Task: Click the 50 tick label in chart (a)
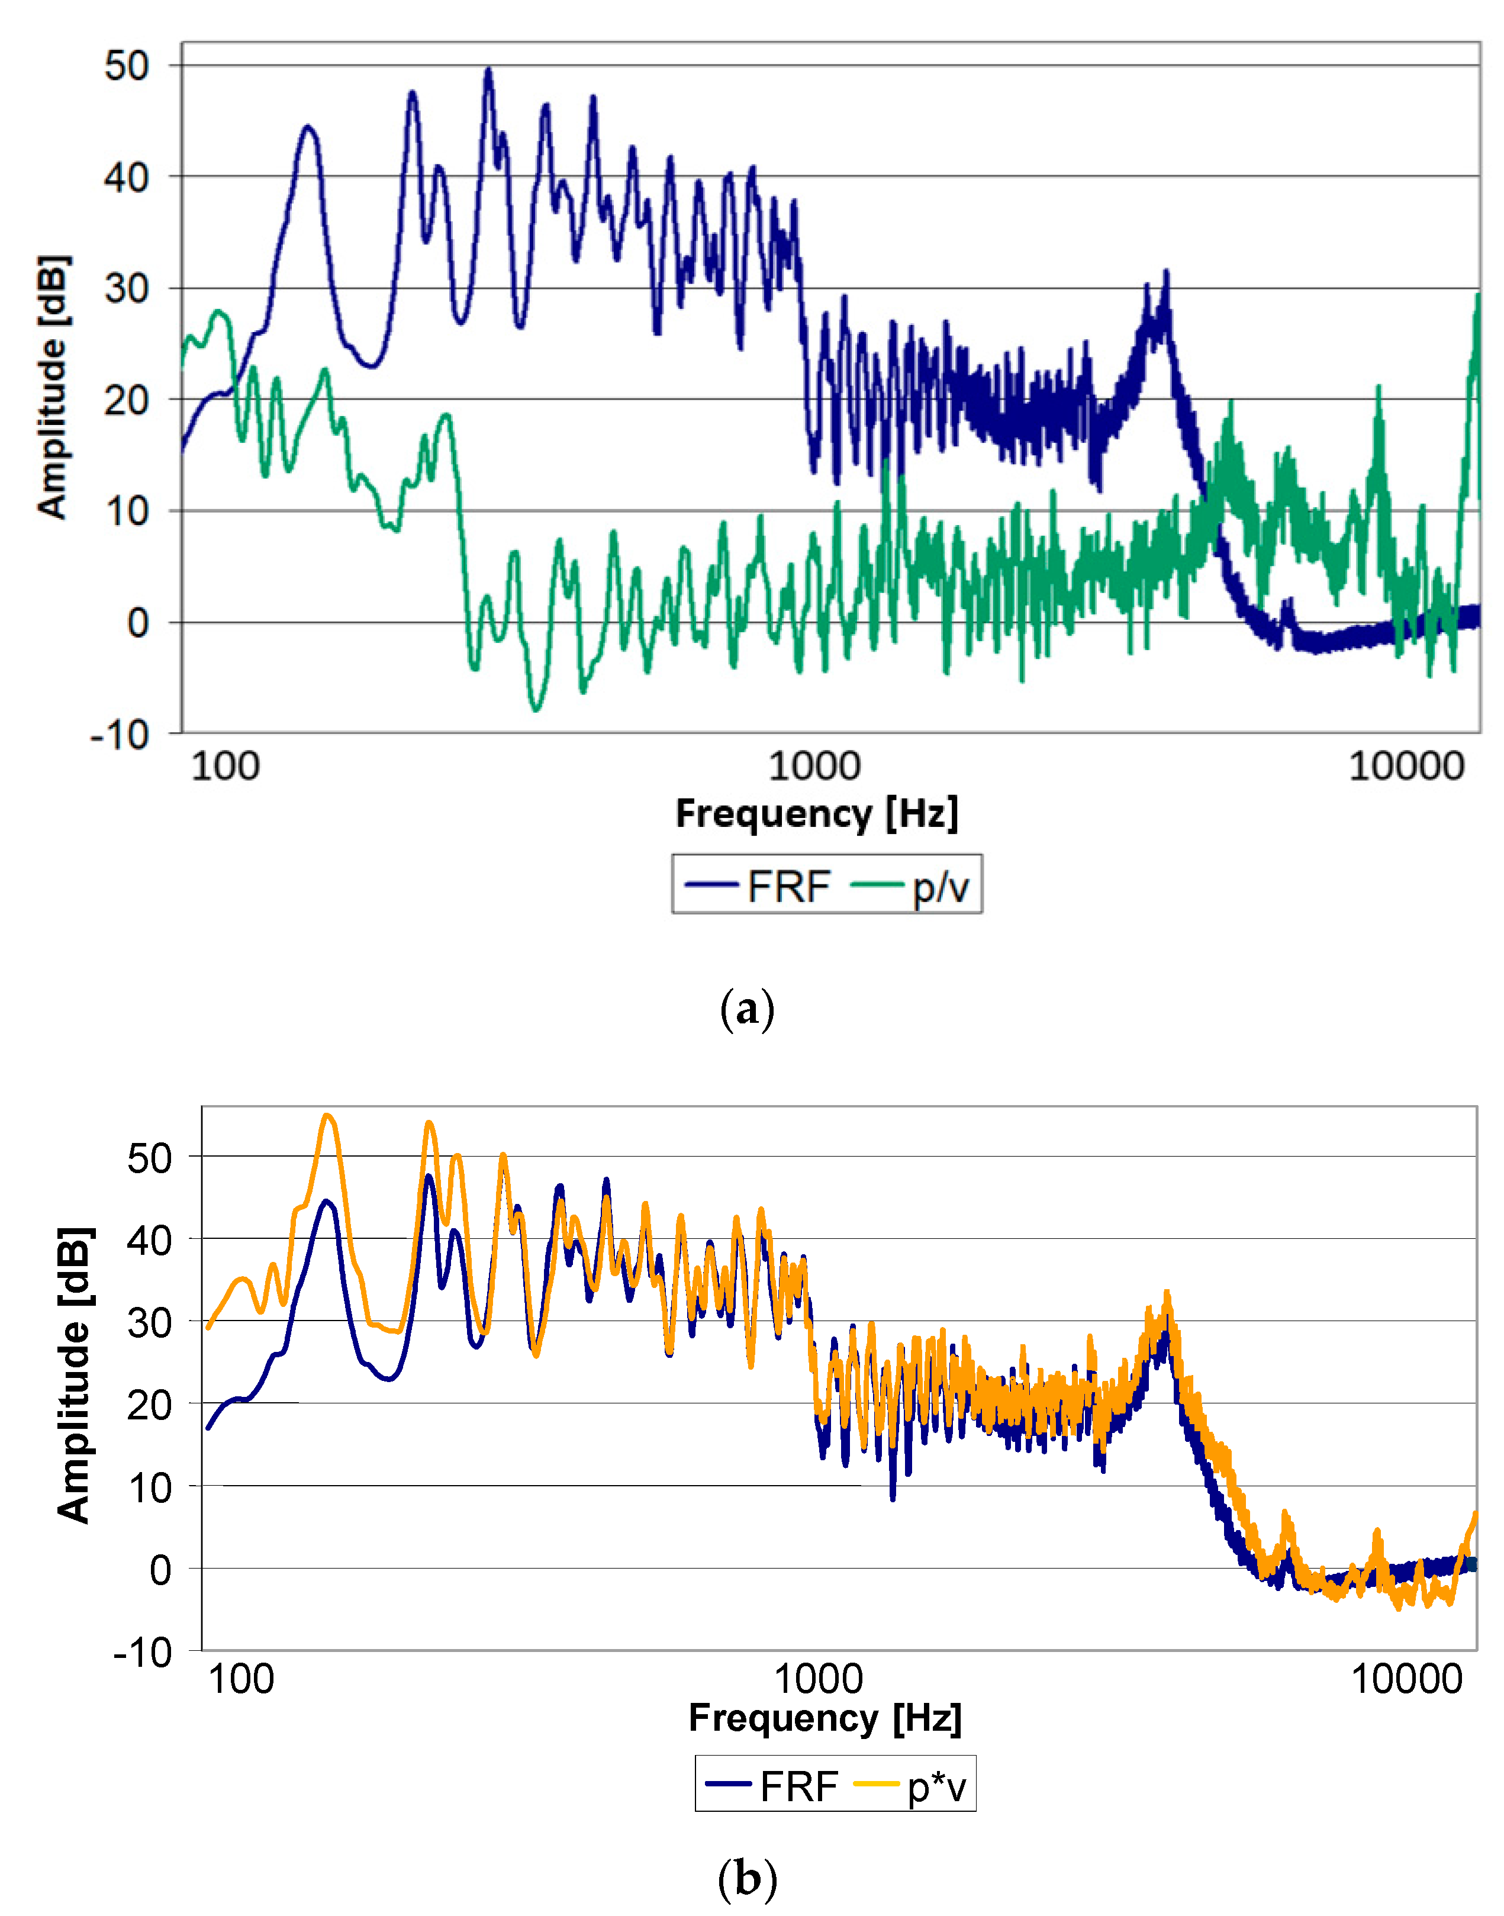pos(126,66)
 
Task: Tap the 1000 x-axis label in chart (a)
pos(814,766)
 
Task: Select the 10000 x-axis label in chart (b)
pos(1406,1679)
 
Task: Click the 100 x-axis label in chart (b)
pos(241,1679)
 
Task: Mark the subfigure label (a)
pos(747,1008)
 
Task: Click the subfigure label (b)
pos(747,1879)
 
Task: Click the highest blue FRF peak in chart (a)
pos(489,70)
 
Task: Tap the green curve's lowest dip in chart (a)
pos(536,709)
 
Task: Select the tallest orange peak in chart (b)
pos(327,1116)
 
